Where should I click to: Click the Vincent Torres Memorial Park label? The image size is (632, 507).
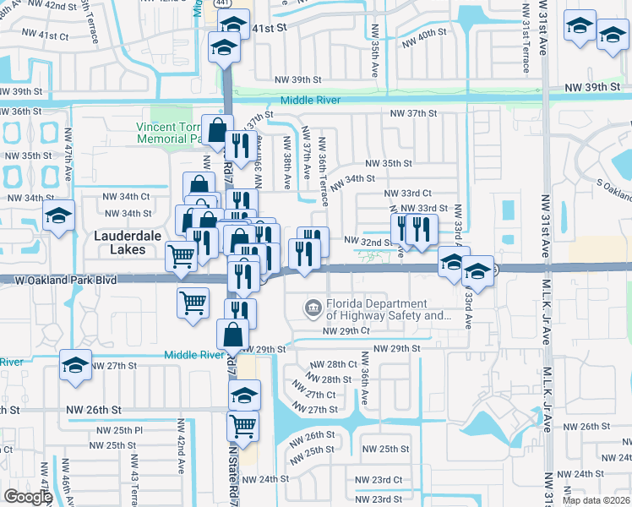coord(173,132)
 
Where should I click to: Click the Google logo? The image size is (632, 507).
coord(28,497)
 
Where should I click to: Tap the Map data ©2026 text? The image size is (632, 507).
coord(596,500)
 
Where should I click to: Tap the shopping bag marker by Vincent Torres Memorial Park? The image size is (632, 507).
coord(217,130)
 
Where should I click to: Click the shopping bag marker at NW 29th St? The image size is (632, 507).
coord(232,335)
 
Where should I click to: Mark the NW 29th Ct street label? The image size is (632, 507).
coord(347,331)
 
